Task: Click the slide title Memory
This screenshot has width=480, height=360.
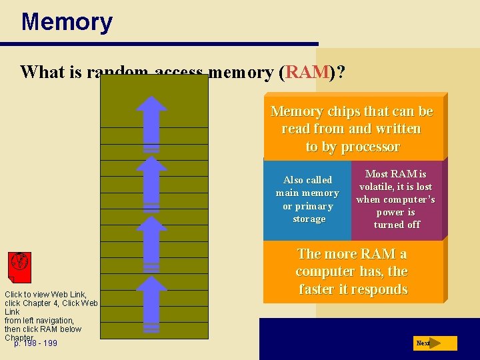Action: coord(67,22)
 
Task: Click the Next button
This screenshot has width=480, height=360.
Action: coord(433,343)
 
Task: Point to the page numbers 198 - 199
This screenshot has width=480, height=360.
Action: coord(36,343)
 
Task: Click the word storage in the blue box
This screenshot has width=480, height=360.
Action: coord(309,219)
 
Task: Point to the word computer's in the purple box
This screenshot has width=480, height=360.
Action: coord(409,199)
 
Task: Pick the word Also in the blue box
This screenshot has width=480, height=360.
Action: coord(294,180)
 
